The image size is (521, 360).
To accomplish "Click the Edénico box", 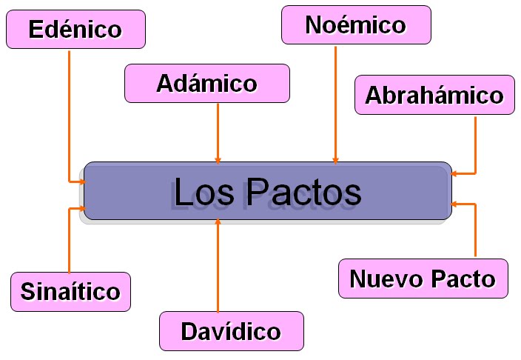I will coord(75,30).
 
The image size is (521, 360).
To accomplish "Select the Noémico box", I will coord(356,25).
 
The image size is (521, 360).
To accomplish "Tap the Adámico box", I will coord(206,83).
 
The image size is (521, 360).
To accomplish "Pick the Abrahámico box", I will coord(434,95).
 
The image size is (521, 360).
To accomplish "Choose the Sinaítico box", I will coord(70,291).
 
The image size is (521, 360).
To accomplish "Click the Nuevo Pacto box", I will coord(423,279).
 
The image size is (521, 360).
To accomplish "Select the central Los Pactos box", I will coord(267,191).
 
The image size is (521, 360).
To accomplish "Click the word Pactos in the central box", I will coord(303,192).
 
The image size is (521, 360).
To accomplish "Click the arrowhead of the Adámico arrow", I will coord(218,159).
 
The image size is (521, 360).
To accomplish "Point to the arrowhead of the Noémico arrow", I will coord(336,159).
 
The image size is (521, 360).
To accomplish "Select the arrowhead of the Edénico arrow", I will coord(81,180).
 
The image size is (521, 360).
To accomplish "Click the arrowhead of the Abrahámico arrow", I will coord(454,173).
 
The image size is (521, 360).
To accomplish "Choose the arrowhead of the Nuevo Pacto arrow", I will coord(454,202).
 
